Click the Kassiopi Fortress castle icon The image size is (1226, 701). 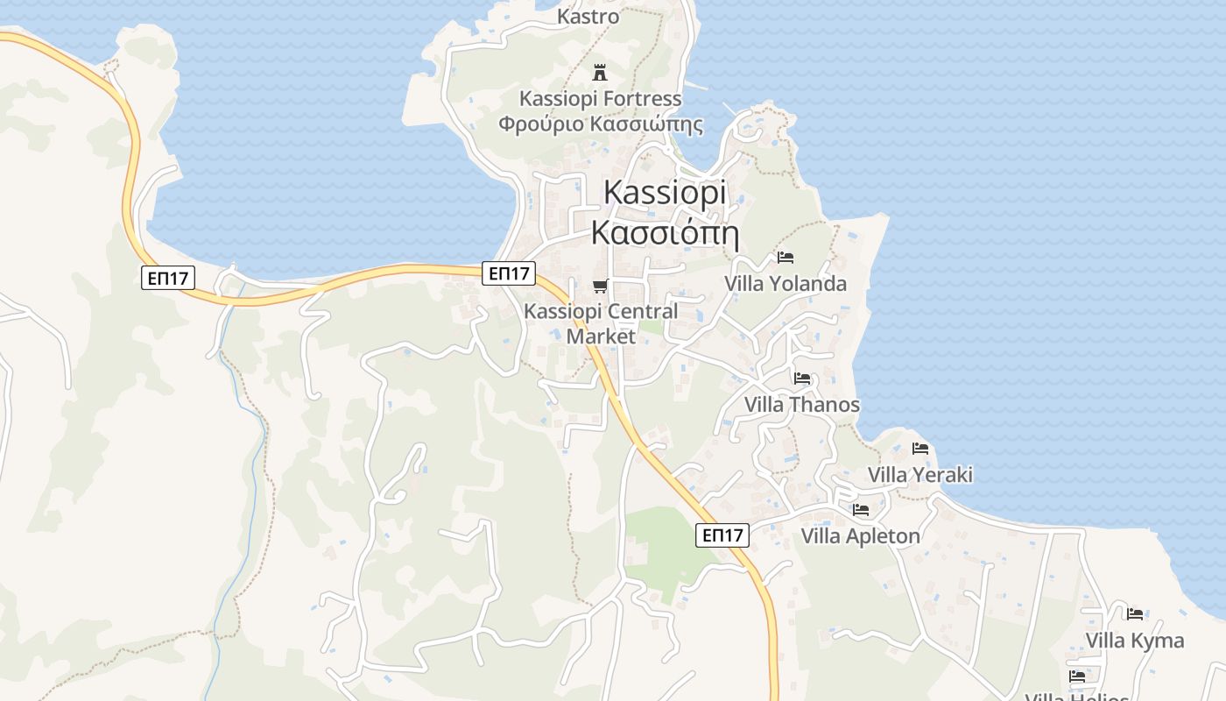600,72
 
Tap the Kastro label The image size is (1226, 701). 588,16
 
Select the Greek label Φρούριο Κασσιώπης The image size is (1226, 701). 601,124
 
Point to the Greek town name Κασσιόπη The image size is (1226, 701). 666,233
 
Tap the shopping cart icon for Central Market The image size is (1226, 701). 601,286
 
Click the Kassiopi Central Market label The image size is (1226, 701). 601,323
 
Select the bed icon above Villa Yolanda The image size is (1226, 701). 786,258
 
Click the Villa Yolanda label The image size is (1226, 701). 786,283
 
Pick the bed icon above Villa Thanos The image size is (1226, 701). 802,379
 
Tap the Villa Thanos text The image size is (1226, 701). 802,405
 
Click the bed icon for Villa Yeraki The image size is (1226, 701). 920,449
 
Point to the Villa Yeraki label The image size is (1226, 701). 920,475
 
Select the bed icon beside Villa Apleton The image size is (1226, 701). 861,509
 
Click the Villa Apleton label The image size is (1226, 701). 861,536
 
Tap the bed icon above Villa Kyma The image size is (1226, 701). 1135,613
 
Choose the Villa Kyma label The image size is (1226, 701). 1135,641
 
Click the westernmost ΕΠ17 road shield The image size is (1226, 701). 167,279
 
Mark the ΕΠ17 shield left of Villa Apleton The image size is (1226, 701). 722,535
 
